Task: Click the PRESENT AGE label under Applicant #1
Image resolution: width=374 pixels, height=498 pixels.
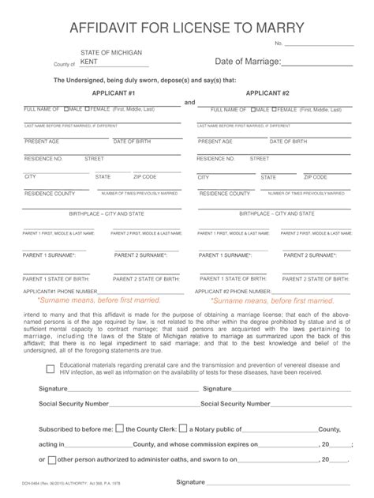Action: tap(42, 141)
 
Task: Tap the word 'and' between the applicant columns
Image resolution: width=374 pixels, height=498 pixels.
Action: tap(189, 102)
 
